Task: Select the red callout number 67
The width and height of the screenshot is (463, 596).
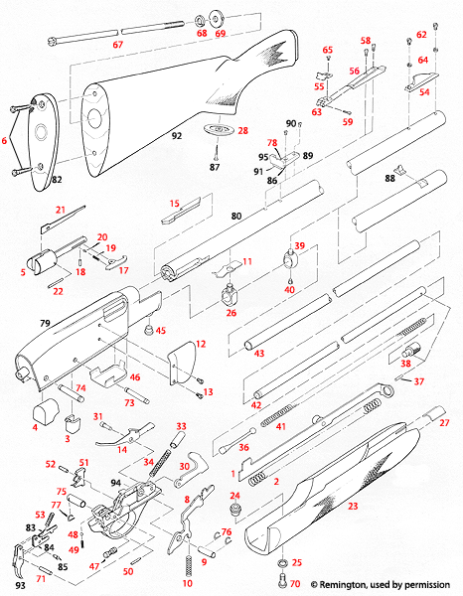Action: click(x=116, y=46)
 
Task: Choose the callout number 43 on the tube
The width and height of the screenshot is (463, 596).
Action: click(x=258, y=355)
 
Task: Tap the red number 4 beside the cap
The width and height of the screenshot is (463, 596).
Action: click(x=35, y=428)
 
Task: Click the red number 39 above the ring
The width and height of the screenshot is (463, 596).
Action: click(x=298, y=244)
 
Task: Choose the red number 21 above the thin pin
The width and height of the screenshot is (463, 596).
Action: click(x=60, y=210)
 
